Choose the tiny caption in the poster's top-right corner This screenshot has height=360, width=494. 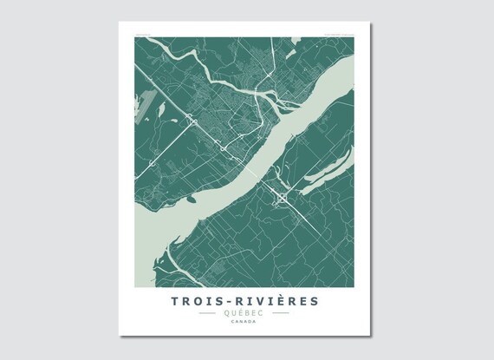coord(346,36)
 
